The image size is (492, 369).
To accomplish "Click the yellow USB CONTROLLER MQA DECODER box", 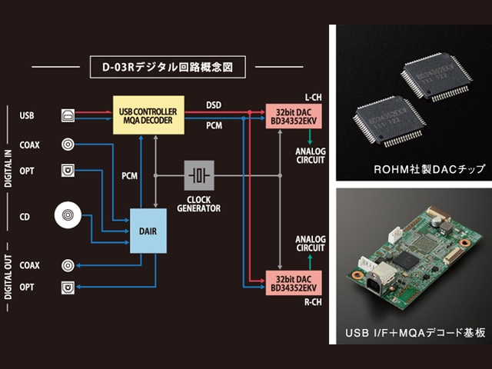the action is (x=148, y=115).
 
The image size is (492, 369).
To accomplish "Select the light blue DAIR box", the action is (x=148, y=231).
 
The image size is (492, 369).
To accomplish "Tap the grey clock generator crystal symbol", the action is (x=199, y=175).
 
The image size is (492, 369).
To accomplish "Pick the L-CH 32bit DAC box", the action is (x=294, y=116).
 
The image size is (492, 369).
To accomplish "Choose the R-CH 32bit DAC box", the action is (x=294, y=283).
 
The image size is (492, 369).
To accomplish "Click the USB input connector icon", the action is (x=68, y=116).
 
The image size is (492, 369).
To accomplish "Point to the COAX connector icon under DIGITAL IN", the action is (x=68, y=145).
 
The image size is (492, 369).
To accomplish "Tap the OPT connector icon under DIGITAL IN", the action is (x=68, y=171).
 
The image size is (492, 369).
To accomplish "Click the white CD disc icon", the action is (x=68, y=215).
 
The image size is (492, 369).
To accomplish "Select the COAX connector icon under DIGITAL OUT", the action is (x=68, y=265).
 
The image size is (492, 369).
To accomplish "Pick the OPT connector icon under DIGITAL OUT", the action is (x=68, y=288).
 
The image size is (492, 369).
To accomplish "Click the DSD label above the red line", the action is (x=214, y=105).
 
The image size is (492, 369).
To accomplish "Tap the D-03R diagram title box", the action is (x=168, y=67).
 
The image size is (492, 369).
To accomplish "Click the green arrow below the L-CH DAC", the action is (x=310, y=137).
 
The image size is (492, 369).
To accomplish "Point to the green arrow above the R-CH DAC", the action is (x=310, y=262).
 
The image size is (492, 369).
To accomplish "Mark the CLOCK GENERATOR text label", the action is (x=199, y=204).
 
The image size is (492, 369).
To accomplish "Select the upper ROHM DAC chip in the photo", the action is (x=437, y=77).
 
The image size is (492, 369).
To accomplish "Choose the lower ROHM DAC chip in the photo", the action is (x=389, y=121).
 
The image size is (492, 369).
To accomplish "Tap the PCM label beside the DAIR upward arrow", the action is (x=130, y=176).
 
